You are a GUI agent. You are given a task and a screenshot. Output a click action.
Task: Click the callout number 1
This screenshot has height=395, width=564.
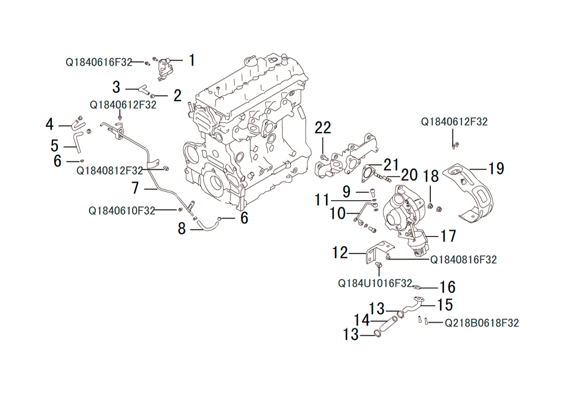coord(192,60)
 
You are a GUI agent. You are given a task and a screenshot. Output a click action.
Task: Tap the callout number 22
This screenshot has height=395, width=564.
coord(323,128)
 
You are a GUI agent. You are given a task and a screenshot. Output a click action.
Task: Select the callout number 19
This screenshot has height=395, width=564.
coord(496,168)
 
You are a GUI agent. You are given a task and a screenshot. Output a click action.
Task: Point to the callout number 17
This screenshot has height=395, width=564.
coord(448,236)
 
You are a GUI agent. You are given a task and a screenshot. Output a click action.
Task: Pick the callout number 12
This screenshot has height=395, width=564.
coord(340,253)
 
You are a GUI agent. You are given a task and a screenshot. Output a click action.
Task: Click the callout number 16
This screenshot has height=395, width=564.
coord(447,287)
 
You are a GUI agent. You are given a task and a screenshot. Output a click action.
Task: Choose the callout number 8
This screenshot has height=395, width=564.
coord(182,228)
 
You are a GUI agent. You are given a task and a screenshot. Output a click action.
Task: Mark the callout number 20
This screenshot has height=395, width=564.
coord(409,175)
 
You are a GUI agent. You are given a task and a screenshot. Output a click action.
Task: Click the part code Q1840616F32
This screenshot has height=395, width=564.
coord(99,62)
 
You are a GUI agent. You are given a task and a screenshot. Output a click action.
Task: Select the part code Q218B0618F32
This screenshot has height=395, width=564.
coord(482,323)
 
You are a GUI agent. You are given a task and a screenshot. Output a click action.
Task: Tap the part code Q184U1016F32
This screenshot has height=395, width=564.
coord(375,283)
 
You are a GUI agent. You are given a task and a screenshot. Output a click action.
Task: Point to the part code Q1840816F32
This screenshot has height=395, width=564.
coord(464,260)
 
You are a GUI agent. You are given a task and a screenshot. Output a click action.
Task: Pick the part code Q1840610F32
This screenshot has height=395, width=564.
coord(122,210)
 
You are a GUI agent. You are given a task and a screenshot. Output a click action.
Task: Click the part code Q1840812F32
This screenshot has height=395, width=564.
coord(110,170)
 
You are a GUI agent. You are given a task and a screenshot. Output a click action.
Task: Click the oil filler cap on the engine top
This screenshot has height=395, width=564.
coord(251,62)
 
